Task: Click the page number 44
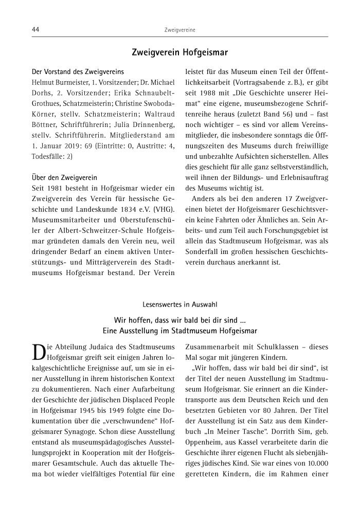click(36, 30)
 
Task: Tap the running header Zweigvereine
click(180, 30)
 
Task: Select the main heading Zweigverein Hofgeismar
click(180, 53)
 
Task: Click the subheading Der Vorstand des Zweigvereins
click(78, 71)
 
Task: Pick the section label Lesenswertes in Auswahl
click(180, 304)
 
